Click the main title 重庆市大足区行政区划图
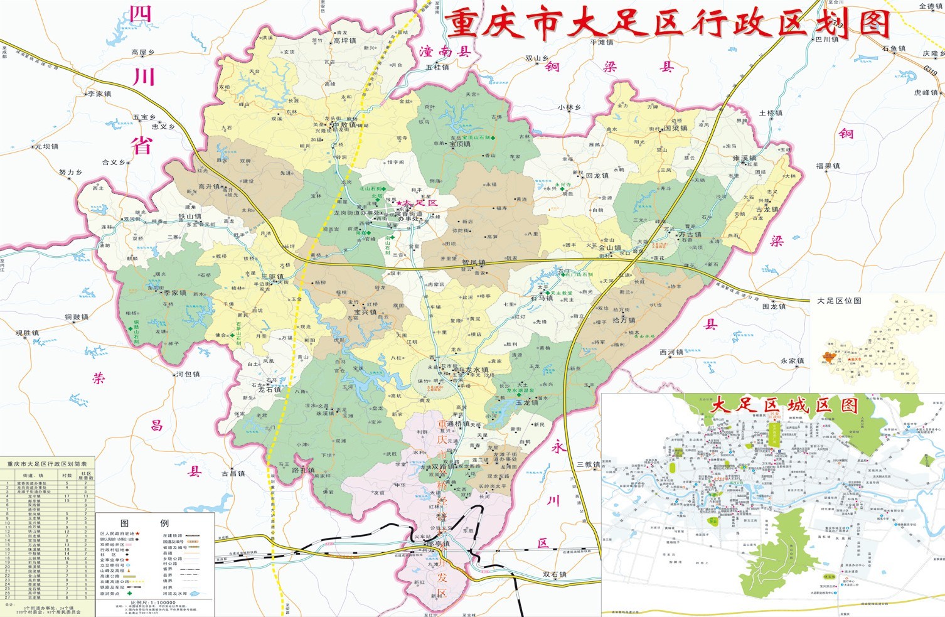(x=668, y=24)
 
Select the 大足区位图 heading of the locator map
(x=839, y=301)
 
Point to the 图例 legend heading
(x=144, y=523)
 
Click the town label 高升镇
(x=209, y=186)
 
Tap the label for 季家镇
(x=175, y=292)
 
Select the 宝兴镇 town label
(x=365, y=312)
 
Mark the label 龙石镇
(x=270, y=389)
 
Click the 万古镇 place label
(x=690, y=235)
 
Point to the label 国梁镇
(x=676, y=128)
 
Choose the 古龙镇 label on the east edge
(x=767, y=210)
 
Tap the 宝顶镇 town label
(x=459, y=144)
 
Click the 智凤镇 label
(x=474, y=262)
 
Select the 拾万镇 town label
(x=624, y=319)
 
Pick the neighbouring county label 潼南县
(x=445, y=52)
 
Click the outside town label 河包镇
(x=188, y=374)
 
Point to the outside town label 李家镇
(x=99, y=94)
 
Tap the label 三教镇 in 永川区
(x=589, y=464)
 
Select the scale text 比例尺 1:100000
(x=153, y=603)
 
